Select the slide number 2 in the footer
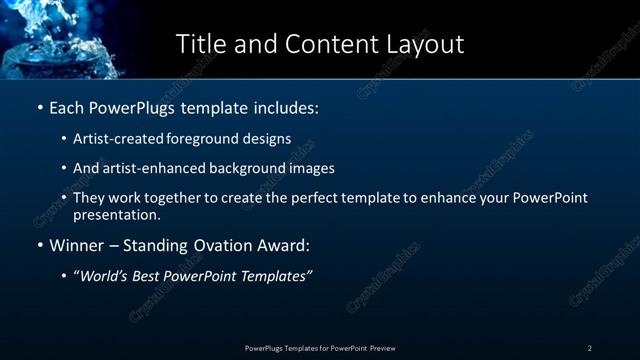pos(590,348)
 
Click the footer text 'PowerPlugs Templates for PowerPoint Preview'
pos(320,348)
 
